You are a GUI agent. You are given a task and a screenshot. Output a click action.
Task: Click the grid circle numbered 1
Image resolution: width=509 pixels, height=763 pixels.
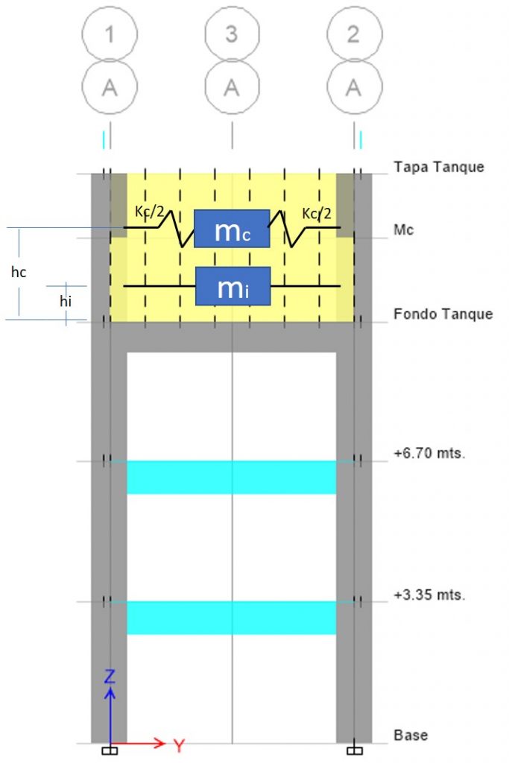(110, 34)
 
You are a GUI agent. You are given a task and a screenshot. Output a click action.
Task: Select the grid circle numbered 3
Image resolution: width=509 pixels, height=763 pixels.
(232, 34)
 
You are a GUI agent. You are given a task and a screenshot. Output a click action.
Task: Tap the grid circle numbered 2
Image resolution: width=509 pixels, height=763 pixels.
(353, 34)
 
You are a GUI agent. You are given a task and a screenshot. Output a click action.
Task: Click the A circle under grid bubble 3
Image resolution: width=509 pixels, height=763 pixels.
(232, 87)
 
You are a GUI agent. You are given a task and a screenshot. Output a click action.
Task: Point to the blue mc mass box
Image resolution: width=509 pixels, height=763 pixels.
(232, 229)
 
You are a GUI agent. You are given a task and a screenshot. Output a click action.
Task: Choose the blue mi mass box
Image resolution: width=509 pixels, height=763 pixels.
(232, 286)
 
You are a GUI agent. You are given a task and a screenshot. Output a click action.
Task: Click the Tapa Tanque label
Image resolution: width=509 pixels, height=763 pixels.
(438, 166)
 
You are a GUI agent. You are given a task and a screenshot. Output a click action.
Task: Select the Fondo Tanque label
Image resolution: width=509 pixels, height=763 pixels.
(443, 314)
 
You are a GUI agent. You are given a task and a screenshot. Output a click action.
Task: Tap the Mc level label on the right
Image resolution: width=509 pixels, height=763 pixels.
(403, 230)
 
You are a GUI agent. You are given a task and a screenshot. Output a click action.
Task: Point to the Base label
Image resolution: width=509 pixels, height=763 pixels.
(411, 735)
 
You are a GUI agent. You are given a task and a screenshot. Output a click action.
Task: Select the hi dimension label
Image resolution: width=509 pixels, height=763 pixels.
(66, 303)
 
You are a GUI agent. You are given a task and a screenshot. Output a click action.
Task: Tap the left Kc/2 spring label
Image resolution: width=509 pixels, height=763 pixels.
(149, 213)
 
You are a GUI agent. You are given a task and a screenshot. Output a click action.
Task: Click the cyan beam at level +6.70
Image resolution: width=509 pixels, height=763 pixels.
(231, 477)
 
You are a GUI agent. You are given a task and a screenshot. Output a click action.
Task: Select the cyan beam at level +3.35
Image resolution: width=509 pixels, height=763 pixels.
(231, 618)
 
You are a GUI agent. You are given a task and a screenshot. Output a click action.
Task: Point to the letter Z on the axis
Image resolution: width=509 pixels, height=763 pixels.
(110, 677)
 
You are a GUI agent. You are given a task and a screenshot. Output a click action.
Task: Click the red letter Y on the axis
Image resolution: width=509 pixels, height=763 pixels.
(179, 744)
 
